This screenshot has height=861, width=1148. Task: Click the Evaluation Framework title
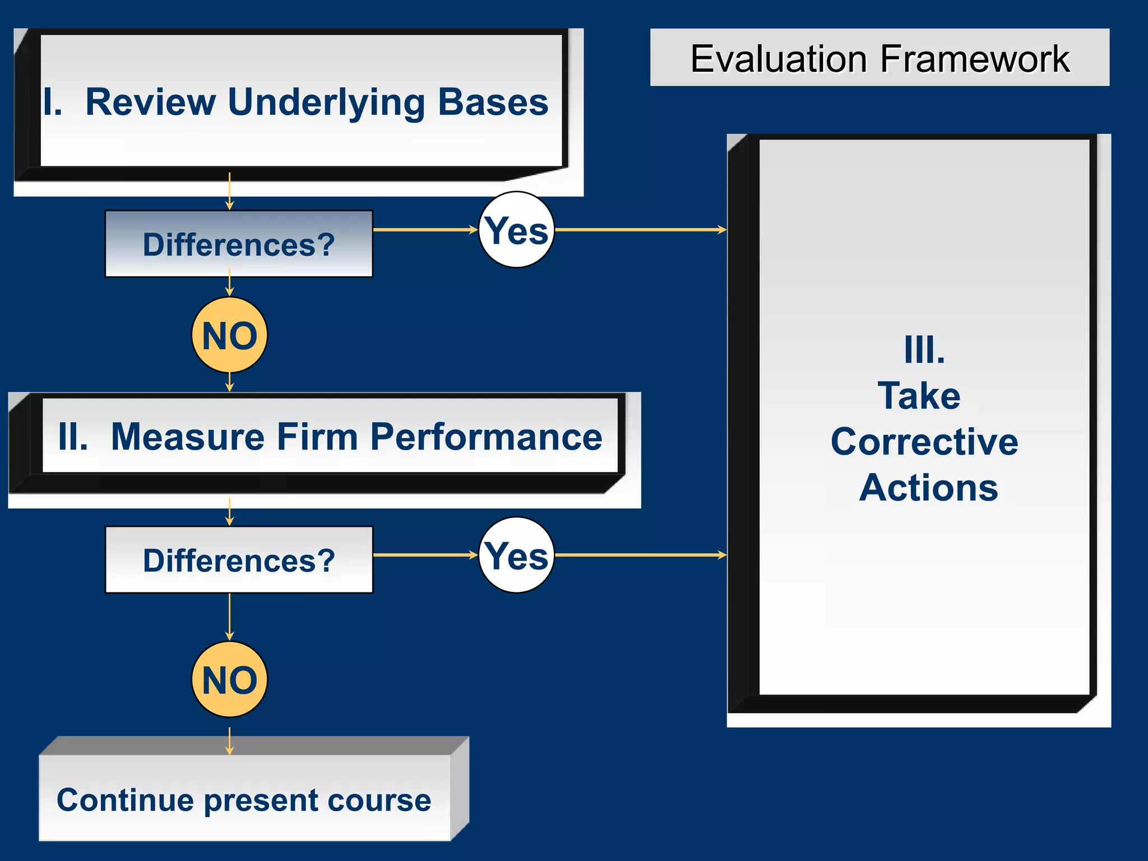tap(879, 58)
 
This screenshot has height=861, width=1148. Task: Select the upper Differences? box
tap(239, 244)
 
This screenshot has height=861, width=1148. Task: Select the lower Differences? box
tap(239, 560)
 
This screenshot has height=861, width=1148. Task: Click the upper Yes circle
tap(516, 230)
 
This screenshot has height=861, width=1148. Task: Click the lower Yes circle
tap(516, 555)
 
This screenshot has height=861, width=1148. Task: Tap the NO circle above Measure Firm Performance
tap(229, 335)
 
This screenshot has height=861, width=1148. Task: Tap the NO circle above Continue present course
tap(229, 679)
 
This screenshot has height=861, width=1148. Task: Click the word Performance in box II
tap(486, 437)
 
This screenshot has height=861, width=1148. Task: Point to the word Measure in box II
tap(187, 437)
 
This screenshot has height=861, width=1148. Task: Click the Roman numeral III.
tap(924, 350)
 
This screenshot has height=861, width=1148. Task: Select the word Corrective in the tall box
tap(924, 442)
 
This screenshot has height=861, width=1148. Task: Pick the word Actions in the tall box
tap(928, 487)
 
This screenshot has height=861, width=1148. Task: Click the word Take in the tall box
tap(919, 396)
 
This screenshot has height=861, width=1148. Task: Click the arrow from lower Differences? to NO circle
tap(229, 617)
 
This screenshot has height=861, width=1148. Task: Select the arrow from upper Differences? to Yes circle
tap(425, 230)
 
